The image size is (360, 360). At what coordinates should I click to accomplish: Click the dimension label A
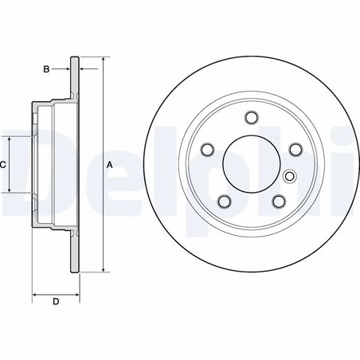[110, 164]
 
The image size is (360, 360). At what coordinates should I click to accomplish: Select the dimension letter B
[47, 70]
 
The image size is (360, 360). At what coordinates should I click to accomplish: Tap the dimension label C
[3, 164]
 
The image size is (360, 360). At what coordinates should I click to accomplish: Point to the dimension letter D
[55, 301]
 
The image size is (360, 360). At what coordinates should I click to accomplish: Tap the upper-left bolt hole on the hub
[209, 150]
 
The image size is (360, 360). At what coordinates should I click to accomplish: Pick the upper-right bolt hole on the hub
[293, 150]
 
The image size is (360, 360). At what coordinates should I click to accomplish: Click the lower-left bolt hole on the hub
[225, 200]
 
